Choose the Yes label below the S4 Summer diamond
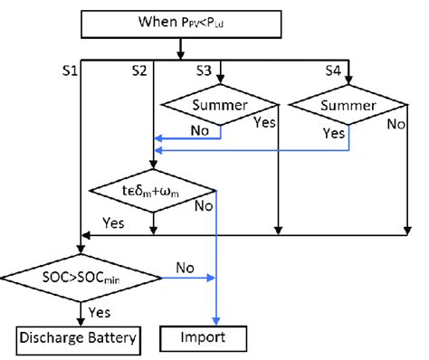coord(336,132)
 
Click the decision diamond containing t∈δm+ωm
coord(155,191)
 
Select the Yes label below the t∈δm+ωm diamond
coord(114,222)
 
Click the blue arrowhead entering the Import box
coord(217,322)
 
